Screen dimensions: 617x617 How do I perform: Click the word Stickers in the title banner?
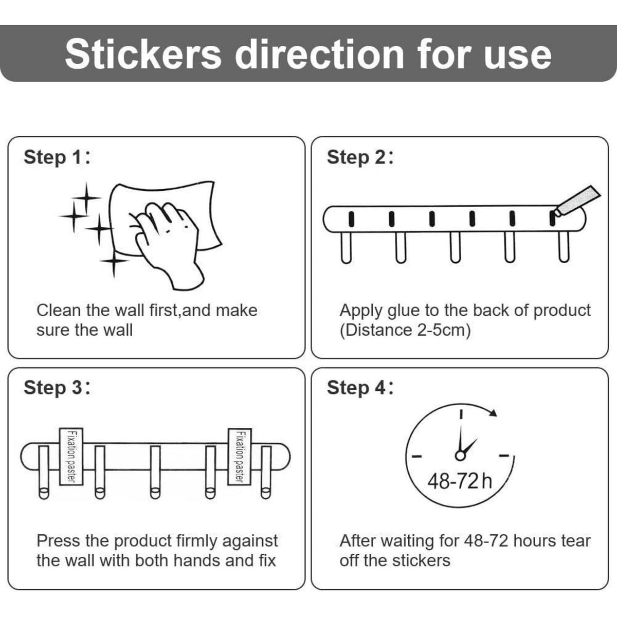point(143,54)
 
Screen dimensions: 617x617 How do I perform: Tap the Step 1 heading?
point(57,157)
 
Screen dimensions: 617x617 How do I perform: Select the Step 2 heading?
point(360,157)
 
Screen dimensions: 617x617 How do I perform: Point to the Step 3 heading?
point(57,388)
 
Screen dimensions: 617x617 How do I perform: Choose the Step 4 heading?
point(360,388)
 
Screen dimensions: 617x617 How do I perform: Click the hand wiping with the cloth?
point(167,243)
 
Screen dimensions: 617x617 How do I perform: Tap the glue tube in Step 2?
point(576,202)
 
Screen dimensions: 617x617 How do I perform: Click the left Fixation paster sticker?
point(71,457)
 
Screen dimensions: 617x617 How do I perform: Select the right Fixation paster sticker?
point(240,457)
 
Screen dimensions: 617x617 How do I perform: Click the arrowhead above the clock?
point(493,412)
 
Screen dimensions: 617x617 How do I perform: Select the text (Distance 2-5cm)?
point(405,330)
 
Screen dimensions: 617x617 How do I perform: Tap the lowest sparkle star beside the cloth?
point(114,261)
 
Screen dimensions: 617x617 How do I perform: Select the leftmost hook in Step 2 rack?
point(346,247)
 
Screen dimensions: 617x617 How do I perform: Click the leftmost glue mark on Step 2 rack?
point(351,219)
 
